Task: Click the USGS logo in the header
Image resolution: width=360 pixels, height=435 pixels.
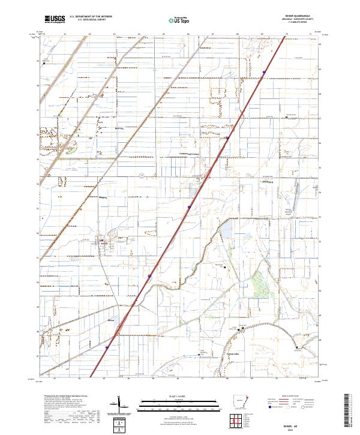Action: [x=55, y=20]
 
